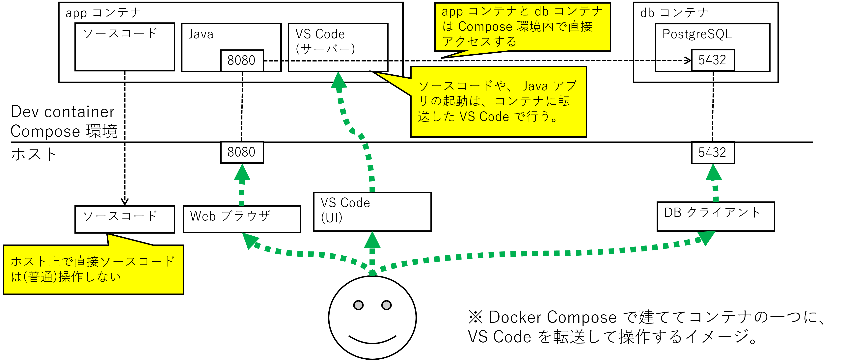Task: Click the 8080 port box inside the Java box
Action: [x=242, y=60]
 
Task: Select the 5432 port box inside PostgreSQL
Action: [x=713, y=60]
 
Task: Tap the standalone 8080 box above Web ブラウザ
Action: [x=242, y=152]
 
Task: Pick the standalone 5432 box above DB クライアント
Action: [x=713, y=152]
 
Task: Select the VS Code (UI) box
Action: [x=372, y=212]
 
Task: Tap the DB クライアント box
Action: [x=715, y=216]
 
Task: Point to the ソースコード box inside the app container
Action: [x=125, y=47]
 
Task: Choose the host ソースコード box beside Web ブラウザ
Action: [x=125, y=219]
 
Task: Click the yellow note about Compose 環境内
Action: [x=522, y=27]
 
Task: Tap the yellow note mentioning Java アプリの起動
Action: [x=498, y=102]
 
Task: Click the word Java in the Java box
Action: [x=201, y=34]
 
